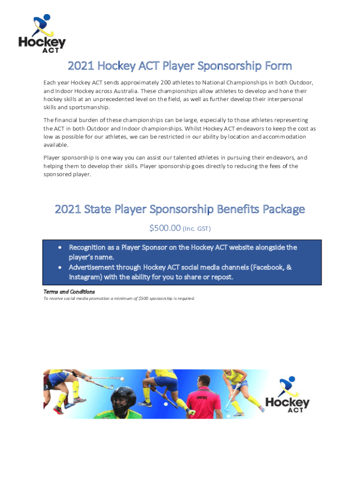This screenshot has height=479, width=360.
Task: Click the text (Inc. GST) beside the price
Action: pos(197,229)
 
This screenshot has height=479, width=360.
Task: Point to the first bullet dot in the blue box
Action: pos(60,247)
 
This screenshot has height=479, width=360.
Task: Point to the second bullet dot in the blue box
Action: pos(60,268)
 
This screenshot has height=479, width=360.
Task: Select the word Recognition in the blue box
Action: pos(90,247)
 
